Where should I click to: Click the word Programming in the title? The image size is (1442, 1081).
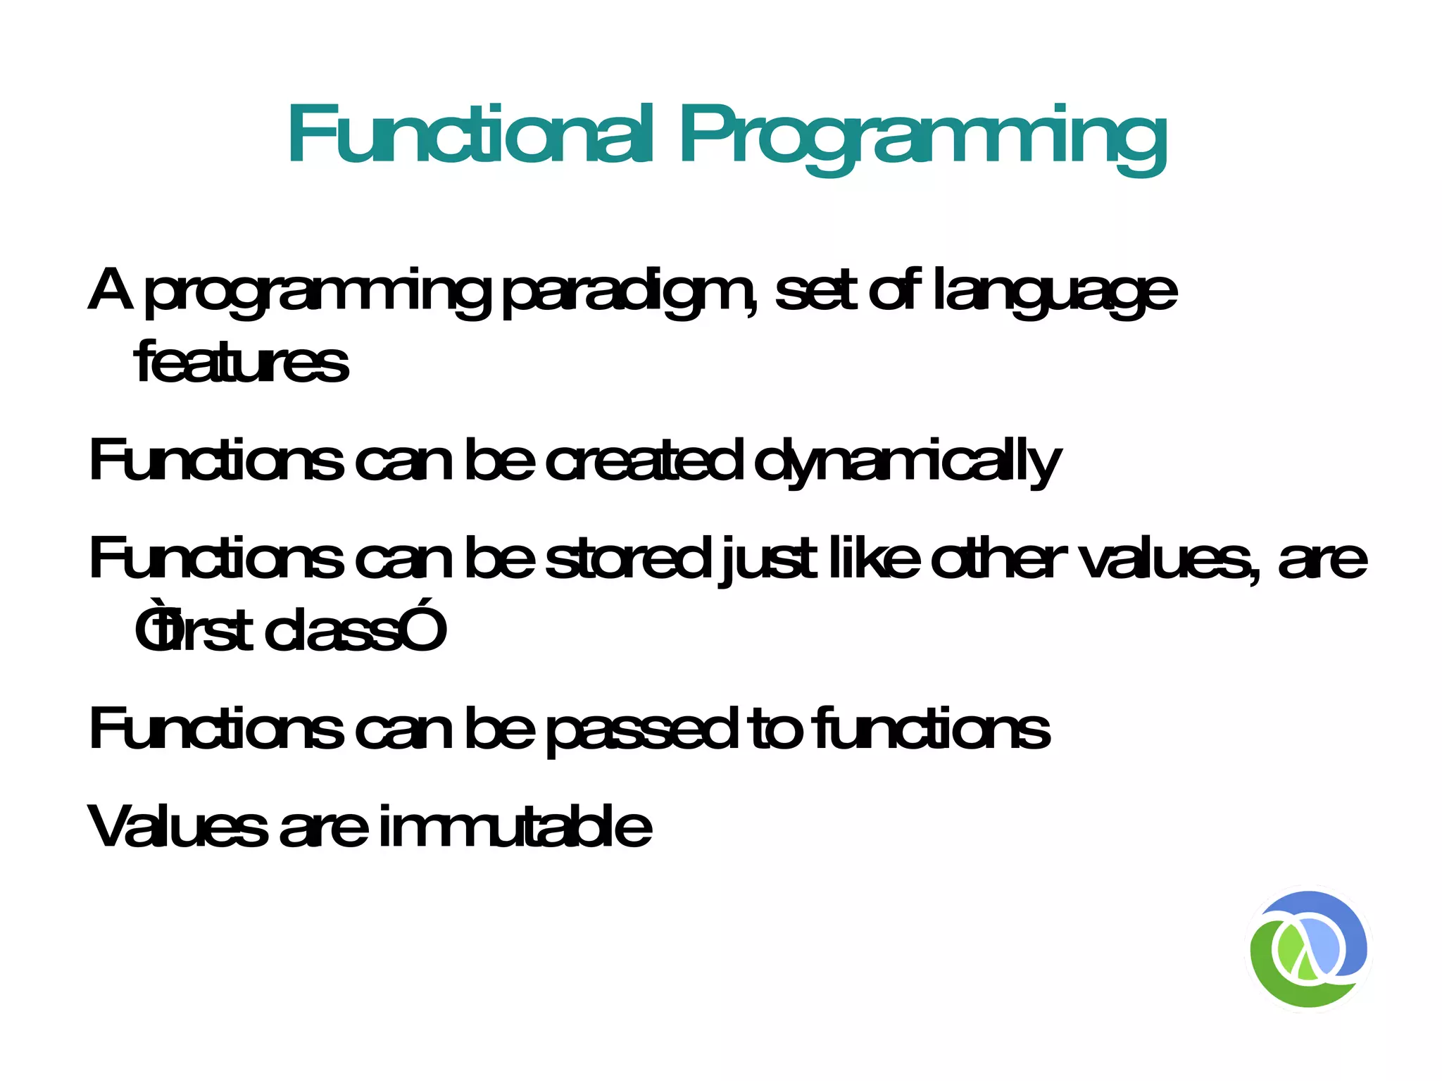(x=922, y=137)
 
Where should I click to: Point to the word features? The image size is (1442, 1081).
(x=241, y=363)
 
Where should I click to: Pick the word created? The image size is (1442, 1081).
(x=644, y=461)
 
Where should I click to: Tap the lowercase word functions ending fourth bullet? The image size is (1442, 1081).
(x=931, y=729)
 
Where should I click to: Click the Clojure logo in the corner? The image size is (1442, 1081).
(x=1308, y=949)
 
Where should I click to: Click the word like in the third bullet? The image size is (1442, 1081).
(x=873, y=559)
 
